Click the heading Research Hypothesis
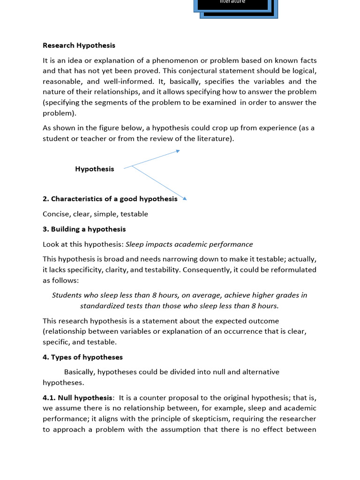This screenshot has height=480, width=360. [79, 45]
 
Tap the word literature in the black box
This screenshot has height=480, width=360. [232, 2]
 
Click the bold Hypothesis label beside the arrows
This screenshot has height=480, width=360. [94, 169]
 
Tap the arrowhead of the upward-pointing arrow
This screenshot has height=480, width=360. [178, 150]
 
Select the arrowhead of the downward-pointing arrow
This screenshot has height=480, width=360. [185, 199]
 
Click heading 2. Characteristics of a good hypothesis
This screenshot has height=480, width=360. [110, 199]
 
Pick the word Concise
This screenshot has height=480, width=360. [55, 214]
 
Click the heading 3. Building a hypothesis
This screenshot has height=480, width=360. [84, 229]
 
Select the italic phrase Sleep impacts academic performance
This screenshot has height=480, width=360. [189, 244]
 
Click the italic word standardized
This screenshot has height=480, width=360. [103, 306]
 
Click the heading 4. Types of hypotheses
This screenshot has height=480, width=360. [82, 357]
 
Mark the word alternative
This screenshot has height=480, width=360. [260, 372]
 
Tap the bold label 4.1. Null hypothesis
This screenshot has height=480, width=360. [78, 397]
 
